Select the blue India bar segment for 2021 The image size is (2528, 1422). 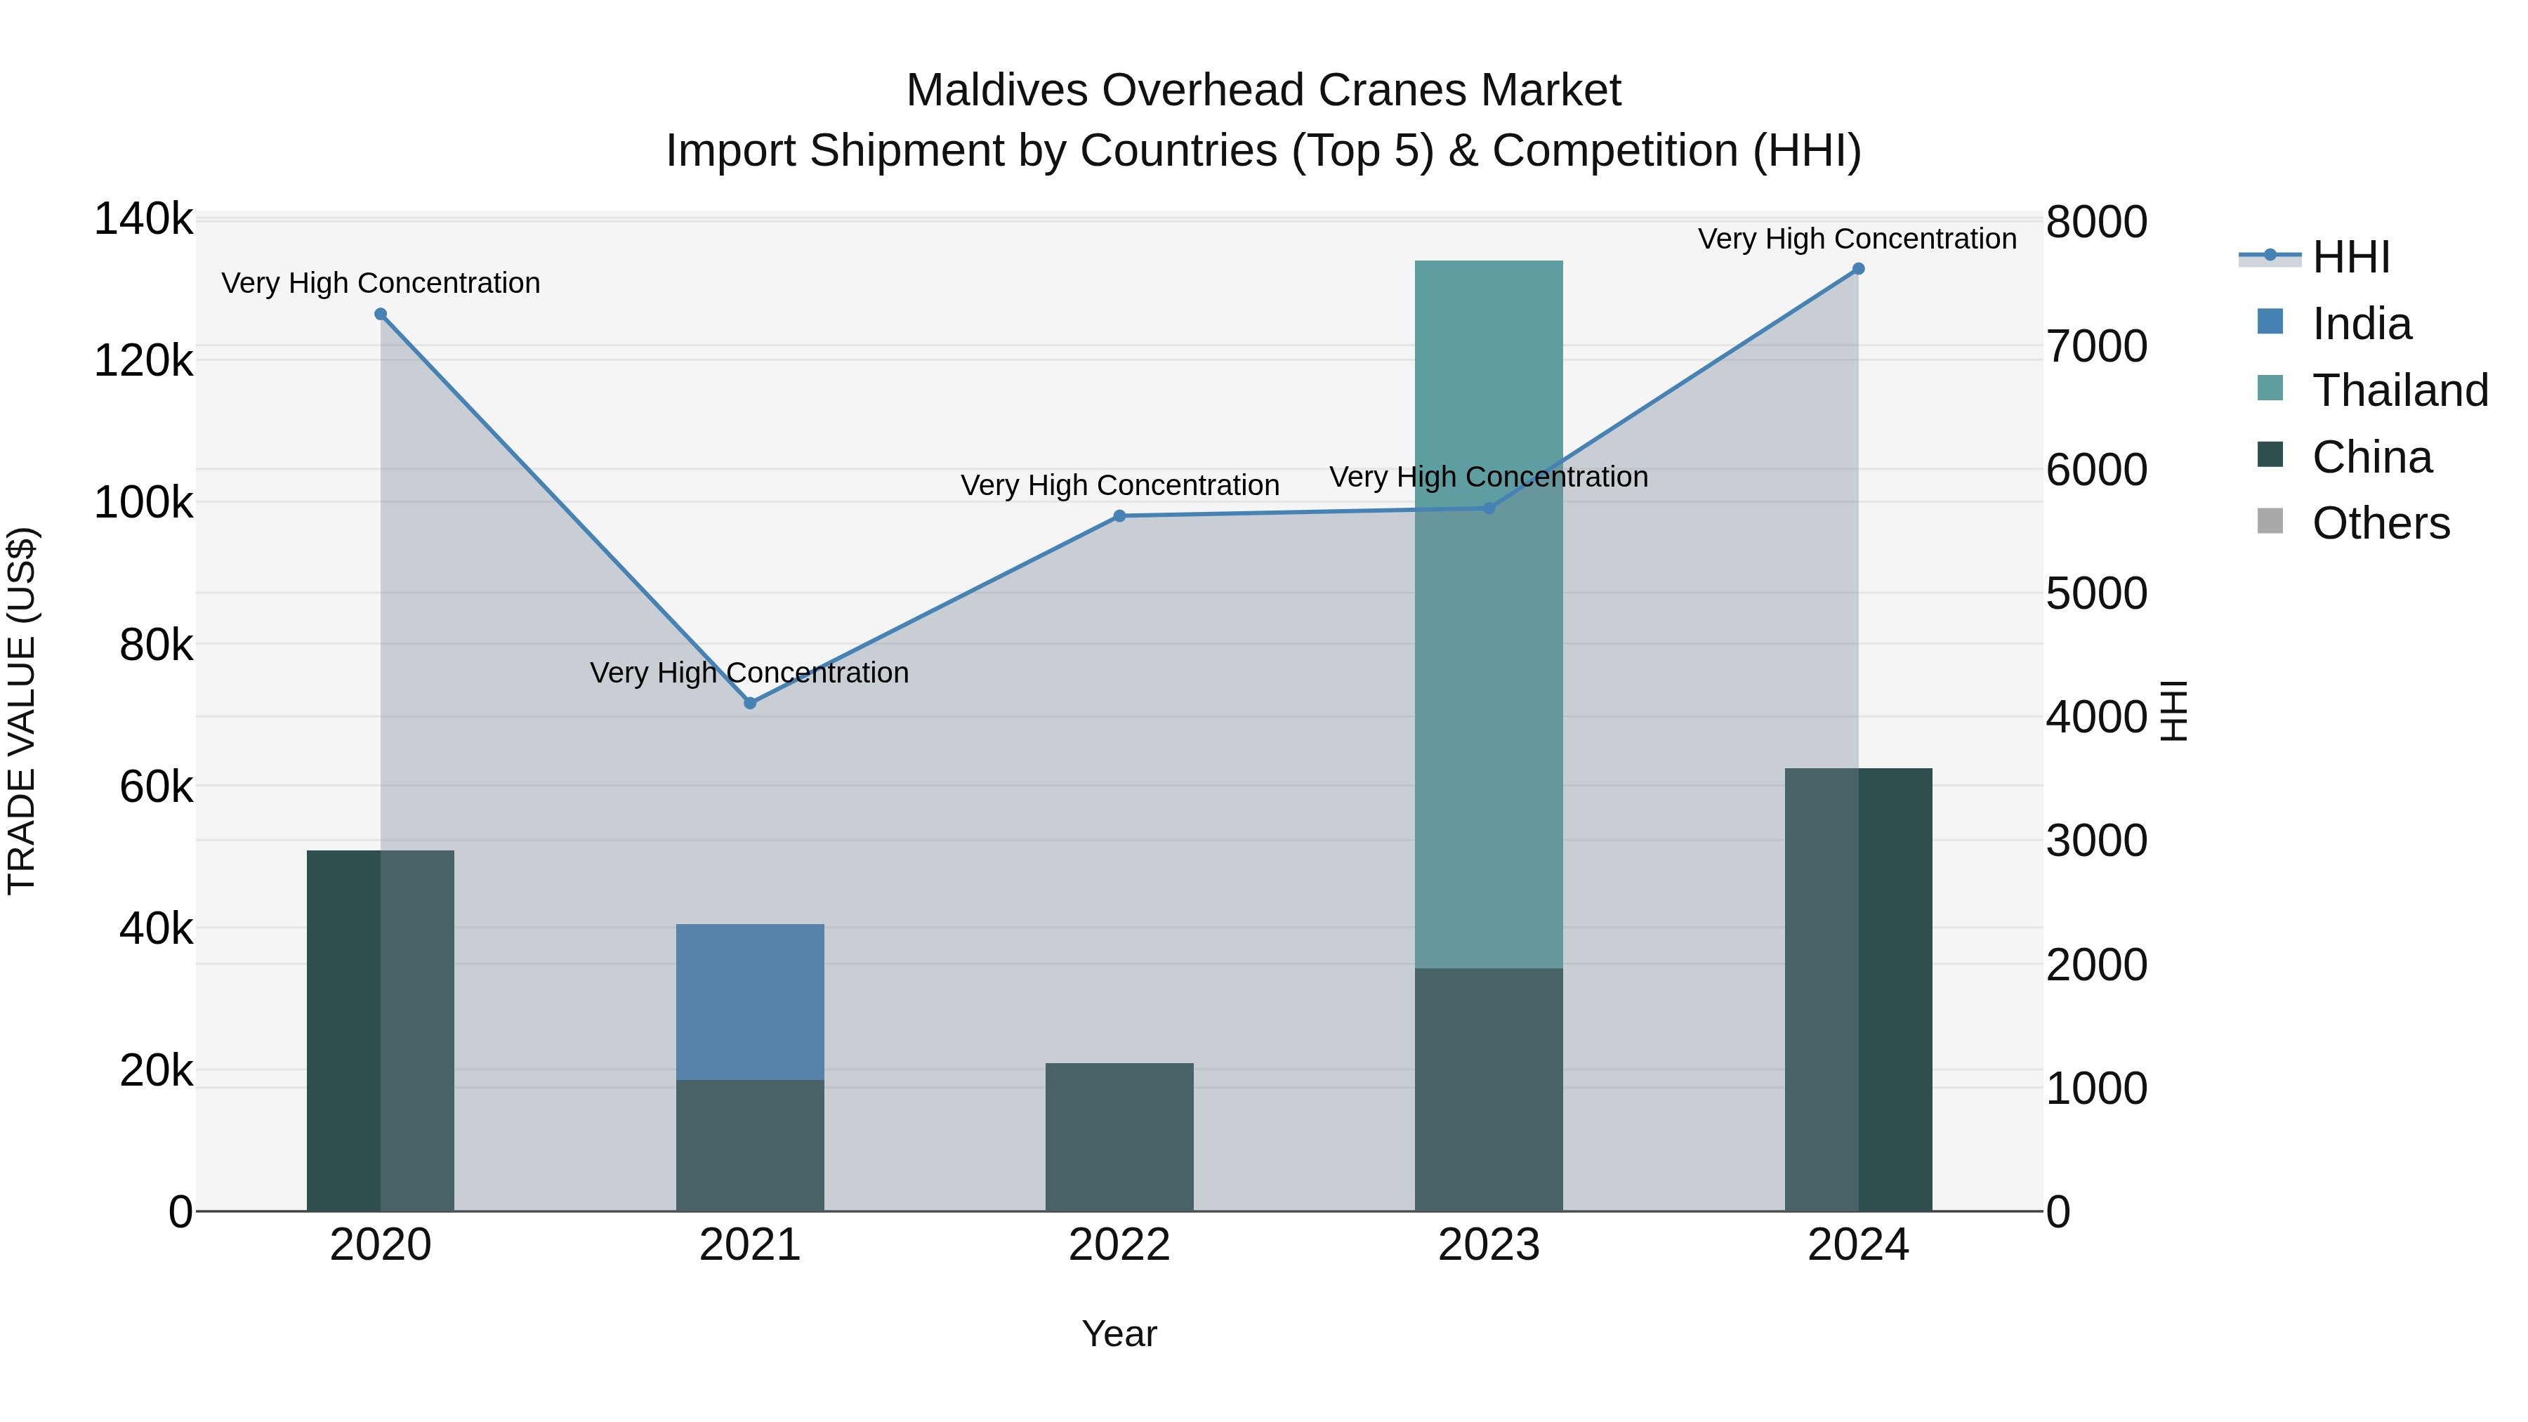[750, 1001]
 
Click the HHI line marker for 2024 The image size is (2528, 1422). [1857, 269]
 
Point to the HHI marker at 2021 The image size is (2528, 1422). [750, 703]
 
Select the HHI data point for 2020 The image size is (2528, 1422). [381, 314]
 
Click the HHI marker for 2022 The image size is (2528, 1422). [1119, 516]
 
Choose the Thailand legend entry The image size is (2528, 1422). [2399, 390]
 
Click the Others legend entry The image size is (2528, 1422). [2380, 523]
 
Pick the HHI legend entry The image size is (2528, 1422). [2350, 257]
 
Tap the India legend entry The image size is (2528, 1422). [2360, 324]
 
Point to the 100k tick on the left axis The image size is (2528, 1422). [143, 503]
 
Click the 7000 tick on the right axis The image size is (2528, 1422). [2096, 346]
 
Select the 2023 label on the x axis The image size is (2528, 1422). [1488, 1245]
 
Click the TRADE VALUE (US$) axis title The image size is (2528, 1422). [22, 711]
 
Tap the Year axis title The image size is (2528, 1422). [1119, 1334]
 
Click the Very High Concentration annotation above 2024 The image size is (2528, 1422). [1857, 239]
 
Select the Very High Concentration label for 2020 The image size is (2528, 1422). [381, 282]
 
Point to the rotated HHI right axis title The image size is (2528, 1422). [2173, 711]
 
